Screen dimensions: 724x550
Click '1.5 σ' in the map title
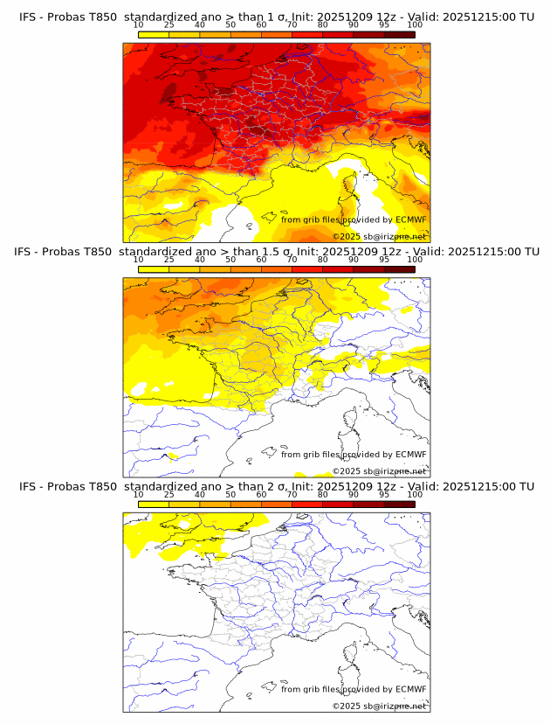click(x=278, y=252)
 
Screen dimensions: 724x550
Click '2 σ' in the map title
click(x=276, y=486)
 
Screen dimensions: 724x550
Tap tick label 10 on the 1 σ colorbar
click(x=139, y=24)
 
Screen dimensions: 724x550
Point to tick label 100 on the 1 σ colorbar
click(x=414, y=24)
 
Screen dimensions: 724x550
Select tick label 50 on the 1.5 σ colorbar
click(x=230, y=260)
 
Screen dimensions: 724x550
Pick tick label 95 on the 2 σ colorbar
click(x=384, y=494)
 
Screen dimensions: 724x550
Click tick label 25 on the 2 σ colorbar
click(x=168, y=494)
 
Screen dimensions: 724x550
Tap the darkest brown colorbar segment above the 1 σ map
click(x=399, y=34)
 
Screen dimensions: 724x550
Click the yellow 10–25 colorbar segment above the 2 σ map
click(x=154, y=504)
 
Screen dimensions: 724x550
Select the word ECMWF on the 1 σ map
click(x=411, y=219)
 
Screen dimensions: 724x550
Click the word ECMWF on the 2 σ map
click(x=411, y=689)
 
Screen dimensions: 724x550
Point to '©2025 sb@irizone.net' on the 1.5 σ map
click(x=379, y=471)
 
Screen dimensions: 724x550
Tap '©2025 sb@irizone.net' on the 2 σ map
click(x=379, y=706)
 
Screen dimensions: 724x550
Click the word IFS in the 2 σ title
click(x=28, y=486)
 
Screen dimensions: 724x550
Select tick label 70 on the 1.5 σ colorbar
click(x=292, y=260)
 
